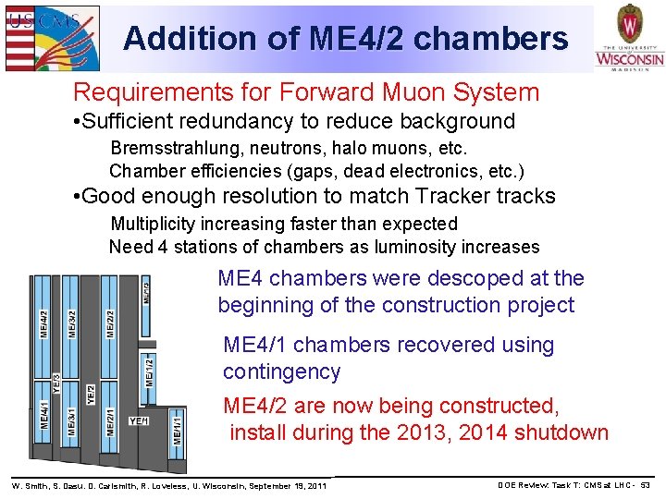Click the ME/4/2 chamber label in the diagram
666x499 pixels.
pos(43,324)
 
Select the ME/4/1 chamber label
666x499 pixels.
pos(43,412)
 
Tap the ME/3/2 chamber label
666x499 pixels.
pos(72,324)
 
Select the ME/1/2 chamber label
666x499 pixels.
pos(149,371)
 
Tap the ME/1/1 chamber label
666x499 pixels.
pos(178,429)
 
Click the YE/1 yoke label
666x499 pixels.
pos(139,420)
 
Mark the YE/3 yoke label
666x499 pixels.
pos(56,384)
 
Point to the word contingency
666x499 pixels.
pos(281,371)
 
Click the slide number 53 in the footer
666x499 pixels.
pos(645,484)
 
